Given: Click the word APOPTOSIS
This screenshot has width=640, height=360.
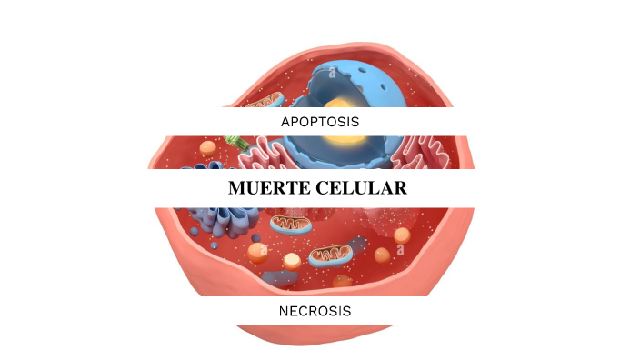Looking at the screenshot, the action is click(319, 121).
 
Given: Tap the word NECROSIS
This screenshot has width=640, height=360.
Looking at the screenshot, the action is click(315, 311).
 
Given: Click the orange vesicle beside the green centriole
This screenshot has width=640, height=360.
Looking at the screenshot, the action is click(209, 147).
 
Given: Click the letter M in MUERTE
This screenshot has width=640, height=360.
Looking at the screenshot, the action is click(237, 188).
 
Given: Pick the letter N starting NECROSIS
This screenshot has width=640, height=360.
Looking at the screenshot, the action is click(285, 311).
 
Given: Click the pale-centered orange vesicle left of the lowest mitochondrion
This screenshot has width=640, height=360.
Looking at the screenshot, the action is click(291, 262).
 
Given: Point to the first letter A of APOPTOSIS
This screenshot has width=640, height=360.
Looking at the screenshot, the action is click(285, 121).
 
